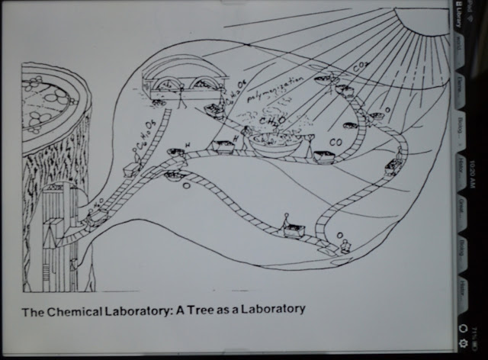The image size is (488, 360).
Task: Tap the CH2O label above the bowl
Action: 271,120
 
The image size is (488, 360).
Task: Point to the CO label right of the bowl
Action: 335,142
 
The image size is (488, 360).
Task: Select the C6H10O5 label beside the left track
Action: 144,131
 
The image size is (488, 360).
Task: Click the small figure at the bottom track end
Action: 347,246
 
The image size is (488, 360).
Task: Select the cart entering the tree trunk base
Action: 95,219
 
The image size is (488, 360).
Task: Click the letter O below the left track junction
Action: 185,185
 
